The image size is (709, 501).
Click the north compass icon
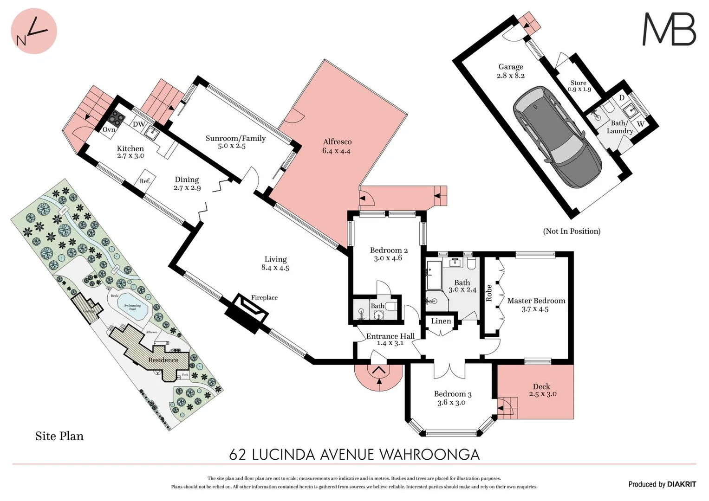(33, 31)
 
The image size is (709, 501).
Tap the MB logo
(669, 29)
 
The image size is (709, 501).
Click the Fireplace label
(264, 298)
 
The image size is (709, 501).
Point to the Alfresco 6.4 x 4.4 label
(337, 146)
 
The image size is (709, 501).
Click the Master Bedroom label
(536, 304)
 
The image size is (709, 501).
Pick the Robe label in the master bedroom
(489, 293)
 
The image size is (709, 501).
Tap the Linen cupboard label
(441, 321)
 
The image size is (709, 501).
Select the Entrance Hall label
(390, 339)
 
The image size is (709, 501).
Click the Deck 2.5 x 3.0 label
(542, 390)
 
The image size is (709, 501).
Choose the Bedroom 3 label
(452, 398)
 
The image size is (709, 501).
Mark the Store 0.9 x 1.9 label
(579, 86)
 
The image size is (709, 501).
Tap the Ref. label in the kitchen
(145, 181)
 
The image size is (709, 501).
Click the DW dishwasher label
(138, 124)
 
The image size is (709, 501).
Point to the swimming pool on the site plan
(132, 306)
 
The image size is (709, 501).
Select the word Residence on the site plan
(163, 360)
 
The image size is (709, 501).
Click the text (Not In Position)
(572, 231)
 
